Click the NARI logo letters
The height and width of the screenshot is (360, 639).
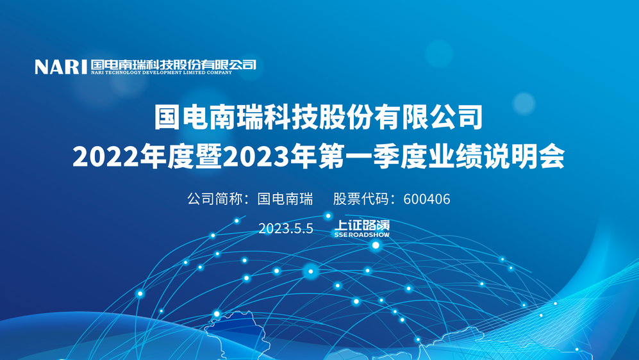(x=61, y=67)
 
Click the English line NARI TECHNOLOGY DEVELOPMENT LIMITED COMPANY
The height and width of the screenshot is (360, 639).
(x=162, y=72)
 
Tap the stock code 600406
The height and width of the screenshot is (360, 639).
(x=427, y=199)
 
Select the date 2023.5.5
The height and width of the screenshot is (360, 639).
(x=286, y=229)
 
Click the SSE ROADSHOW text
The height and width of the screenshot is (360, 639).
(x=362, y=234)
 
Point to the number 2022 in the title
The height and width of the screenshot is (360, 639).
(x=106, y=157)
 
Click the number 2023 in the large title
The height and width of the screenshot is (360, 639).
(x=256, y=157)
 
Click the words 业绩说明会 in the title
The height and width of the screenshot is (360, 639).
(x=496, y=157)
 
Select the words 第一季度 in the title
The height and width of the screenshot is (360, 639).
(x=372, y=157)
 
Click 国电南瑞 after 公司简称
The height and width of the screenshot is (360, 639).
(x=285, y=199)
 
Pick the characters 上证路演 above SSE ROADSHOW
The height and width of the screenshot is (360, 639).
(x=362, y=225)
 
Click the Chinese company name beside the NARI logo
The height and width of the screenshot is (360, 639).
(x=174, y=64)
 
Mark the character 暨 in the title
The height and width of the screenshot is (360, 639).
(x=209, y=157)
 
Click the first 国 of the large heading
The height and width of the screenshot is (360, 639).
(x=168, y=117)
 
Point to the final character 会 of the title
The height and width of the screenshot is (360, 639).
(x=552, y=157)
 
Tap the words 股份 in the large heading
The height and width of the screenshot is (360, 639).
(x=346, y=117)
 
